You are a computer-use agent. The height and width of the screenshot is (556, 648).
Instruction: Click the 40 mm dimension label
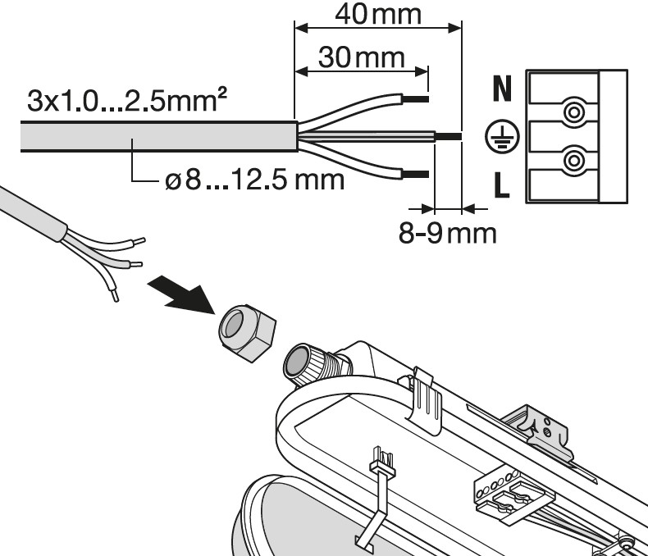click(377, 14)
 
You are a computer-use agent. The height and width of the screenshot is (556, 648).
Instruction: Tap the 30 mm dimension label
click(361, 57)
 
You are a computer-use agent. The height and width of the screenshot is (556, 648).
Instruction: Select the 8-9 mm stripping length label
click(447, 233)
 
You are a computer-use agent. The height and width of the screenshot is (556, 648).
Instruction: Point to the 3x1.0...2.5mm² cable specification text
click(127, 100)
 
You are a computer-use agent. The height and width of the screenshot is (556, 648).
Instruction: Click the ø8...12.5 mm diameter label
click(254, 180)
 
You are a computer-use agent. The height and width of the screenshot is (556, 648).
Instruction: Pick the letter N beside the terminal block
click(502, 89)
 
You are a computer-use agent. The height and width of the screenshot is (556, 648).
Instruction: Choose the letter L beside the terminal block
click(502, 185)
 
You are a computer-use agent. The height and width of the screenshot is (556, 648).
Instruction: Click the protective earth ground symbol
click(502, 137)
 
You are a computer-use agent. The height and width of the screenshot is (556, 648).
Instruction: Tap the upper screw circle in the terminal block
click(574, 112)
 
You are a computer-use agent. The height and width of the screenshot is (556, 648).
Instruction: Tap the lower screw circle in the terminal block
click(574, 161)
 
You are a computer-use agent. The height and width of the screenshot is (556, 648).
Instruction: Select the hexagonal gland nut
click(247, 332)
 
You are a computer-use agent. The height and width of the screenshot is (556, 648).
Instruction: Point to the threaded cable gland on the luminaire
click(314, 362)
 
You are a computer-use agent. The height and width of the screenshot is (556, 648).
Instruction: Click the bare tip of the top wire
click(415, 98)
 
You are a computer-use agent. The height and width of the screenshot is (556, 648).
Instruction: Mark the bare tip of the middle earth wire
click(449, 136)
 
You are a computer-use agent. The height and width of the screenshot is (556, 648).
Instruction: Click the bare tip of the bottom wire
click(415, 175)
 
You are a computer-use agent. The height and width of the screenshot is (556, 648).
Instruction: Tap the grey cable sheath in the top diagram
click(159, 137)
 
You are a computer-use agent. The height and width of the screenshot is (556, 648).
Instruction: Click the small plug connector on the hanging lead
click(382, 460)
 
